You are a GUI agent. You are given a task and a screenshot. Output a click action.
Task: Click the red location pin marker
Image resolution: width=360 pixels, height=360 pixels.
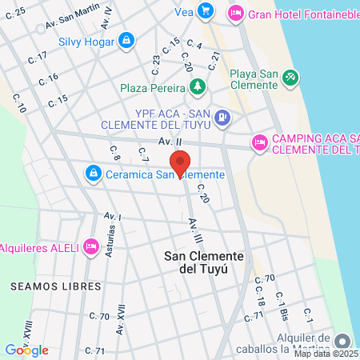click(182, 162)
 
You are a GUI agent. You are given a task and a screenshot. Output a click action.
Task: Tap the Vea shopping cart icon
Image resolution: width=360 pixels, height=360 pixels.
click(206, 10)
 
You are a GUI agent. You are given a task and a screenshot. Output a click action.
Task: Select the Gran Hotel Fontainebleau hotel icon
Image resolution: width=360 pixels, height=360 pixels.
click(236, 13)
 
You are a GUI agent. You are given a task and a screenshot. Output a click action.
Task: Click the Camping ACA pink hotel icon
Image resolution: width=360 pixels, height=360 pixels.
click(259, 142)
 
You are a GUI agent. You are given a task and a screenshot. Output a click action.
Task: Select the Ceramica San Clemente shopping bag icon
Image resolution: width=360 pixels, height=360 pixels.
click(94, 173)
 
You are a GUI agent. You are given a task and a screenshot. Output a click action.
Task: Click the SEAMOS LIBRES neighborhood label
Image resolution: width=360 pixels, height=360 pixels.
click(56, 286)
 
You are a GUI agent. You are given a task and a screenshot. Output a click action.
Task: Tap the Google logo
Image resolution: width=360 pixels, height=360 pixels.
click(26, 350)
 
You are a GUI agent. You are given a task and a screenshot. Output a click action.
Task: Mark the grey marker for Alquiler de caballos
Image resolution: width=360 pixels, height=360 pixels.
click(342, 340)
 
